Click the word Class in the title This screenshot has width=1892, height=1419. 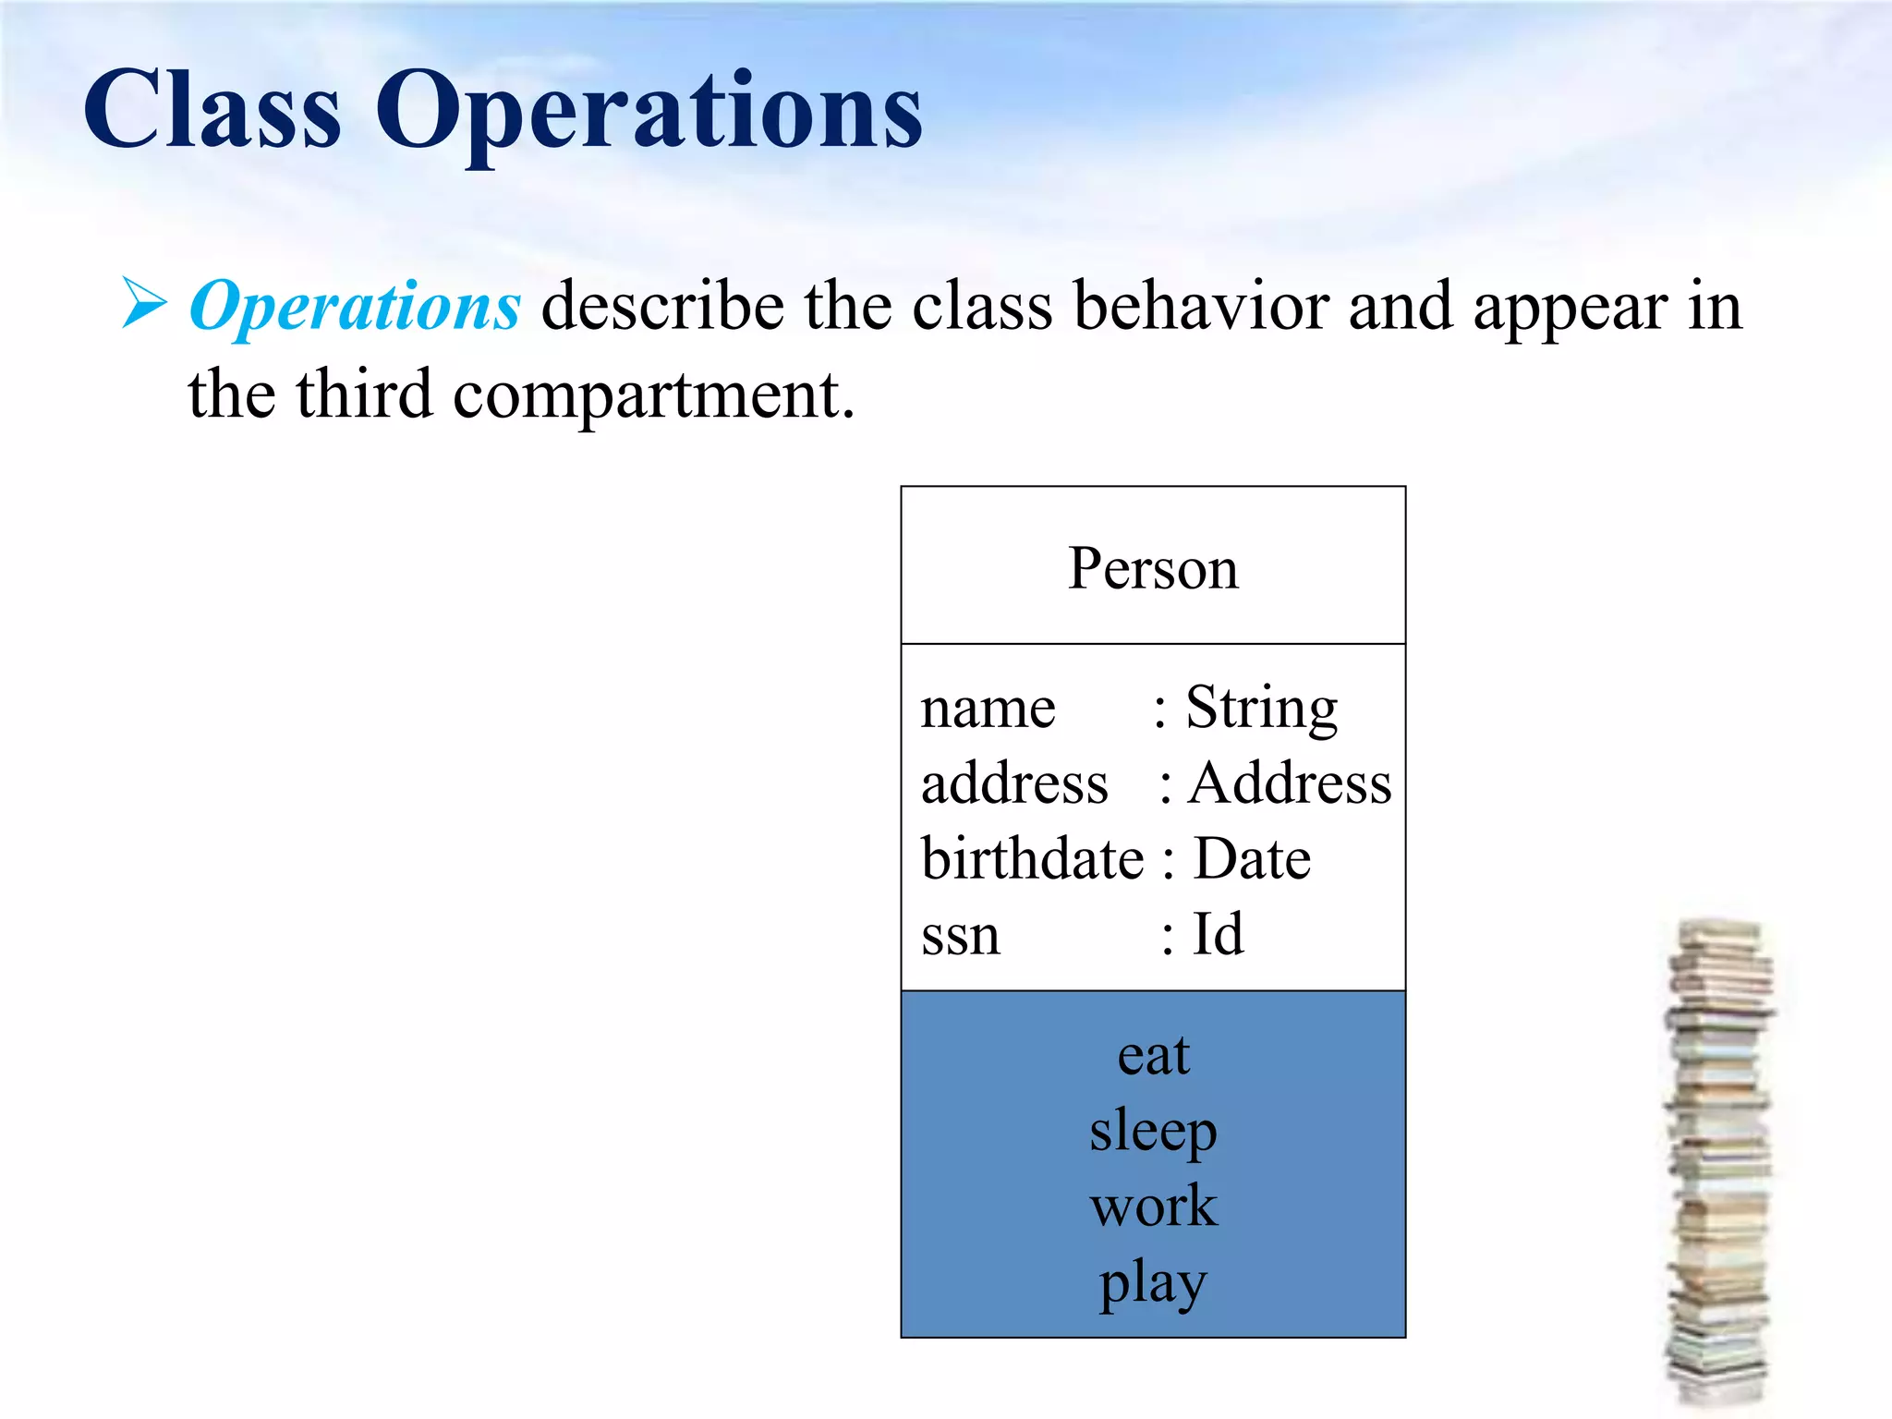click(212, 111)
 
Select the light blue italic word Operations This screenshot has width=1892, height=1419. click(355, 307)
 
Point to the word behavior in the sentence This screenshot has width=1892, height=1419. click(1200, 307)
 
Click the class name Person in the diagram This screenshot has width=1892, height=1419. click(1153, 568)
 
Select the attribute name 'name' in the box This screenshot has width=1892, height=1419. click(988, 709)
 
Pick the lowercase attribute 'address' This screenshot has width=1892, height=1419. click(1014, 784)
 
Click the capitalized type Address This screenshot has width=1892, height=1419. click(1290, 784)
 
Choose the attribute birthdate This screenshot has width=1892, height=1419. click(1032, 859)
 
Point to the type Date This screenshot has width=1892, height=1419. click(1252, 859)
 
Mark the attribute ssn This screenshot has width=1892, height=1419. click(961, 936)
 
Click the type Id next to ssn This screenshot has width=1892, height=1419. click(1218, 934)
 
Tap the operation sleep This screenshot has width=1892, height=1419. click(1153, 1131)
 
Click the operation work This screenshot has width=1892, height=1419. click(1153, 1207)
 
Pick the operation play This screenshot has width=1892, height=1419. click(1153, 1282)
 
